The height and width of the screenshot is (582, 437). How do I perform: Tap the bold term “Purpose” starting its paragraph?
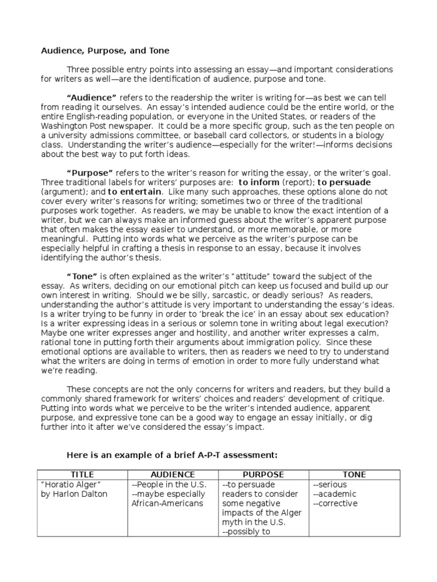pyautogui.click(x=90, y=173)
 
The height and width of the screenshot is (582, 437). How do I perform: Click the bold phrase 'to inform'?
pyautogui.click(x=259, y=182)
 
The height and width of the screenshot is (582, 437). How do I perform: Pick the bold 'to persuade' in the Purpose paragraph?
pyautogui.click(x=344, y=182)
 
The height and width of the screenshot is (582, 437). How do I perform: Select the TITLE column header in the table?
pyautogui.click(x=82, y=475)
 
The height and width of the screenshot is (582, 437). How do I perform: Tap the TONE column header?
pyautogui.click(x=354, y=475)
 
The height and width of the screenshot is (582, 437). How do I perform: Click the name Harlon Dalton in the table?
pyautogui.click(x=77, y=494)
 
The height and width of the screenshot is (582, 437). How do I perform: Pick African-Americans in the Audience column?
pyautogui.click(x=159, y=504)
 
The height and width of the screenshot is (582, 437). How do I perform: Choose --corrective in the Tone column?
pyautogui.click(x=336, y=504)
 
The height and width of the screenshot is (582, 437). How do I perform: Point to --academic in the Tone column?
pyautogui.click(x=335, y=494)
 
